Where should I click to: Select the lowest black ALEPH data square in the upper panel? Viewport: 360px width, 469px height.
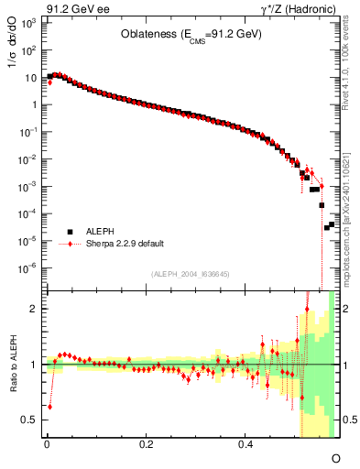(326, 227)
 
